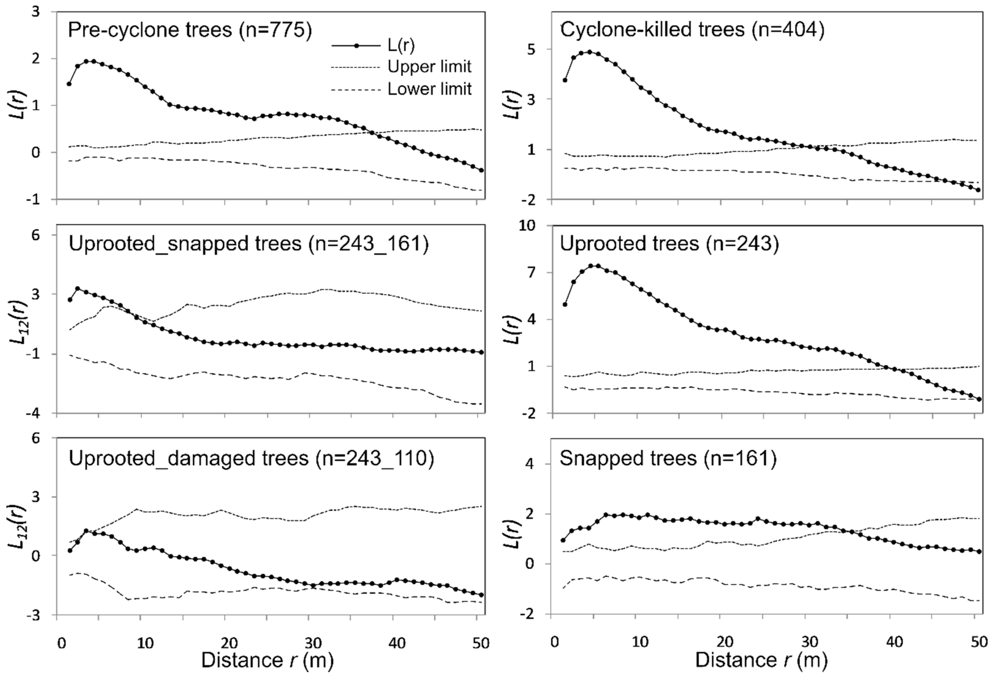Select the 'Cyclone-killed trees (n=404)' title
point(692,30)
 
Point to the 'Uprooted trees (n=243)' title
point(669,244)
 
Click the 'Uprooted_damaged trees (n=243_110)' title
point(251,458)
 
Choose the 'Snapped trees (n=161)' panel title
point(668,458)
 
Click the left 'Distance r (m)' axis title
point(267,660)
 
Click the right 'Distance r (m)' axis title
point(761,660)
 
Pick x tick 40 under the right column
point(894,643)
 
